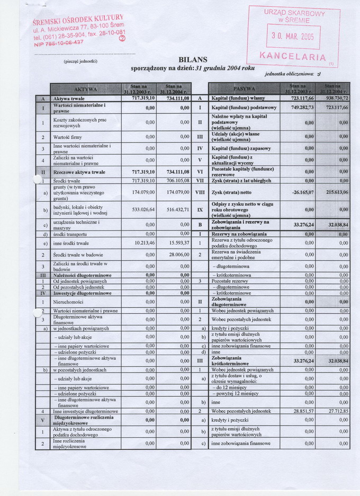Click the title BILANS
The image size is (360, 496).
[193, 59]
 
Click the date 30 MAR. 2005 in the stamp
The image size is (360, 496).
[293, 37]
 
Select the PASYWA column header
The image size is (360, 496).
[244, 88]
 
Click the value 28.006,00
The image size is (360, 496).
[178, 255]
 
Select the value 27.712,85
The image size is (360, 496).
[335, 411]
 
